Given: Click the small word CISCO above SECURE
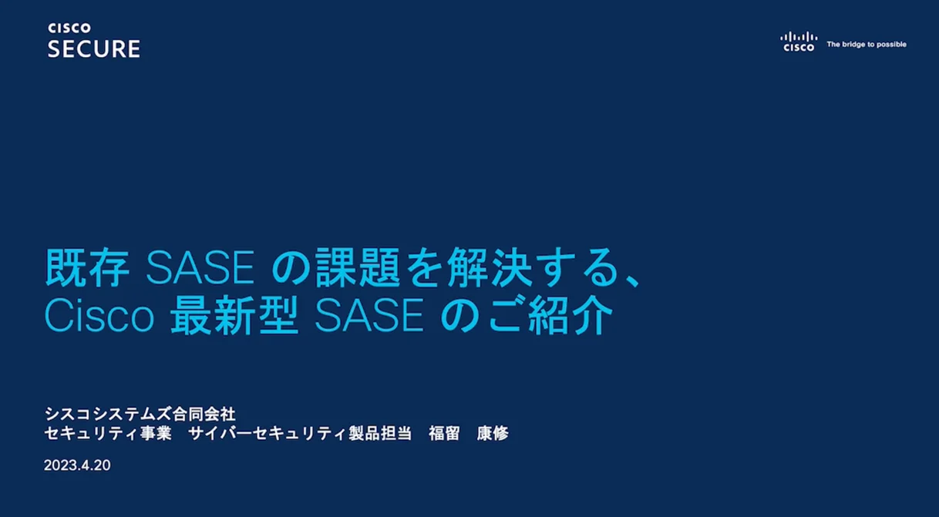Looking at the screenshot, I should tap(69, 28).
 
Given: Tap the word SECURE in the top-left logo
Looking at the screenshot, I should tap(93, 49).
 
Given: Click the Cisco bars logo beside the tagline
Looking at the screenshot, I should tap(798, 42).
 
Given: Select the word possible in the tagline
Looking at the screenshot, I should tap(890, 45).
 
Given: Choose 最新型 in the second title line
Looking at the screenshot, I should tap(234, 317).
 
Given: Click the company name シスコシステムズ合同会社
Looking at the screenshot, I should tap(140, 415).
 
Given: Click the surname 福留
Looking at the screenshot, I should tap(444, 434).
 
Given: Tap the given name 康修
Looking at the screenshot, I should tap(493, 434).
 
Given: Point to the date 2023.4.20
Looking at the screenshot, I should tap(77, 466).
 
